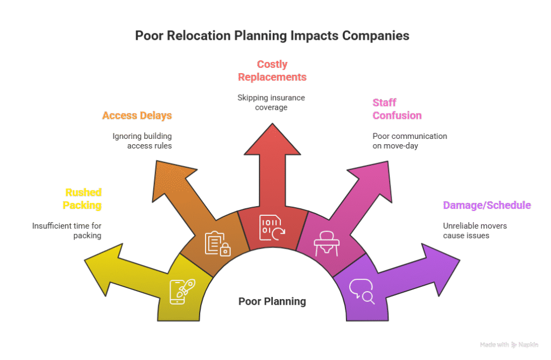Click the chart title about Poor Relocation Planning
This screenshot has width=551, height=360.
[272, 36]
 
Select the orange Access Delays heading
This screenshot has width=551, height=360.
[137, 116]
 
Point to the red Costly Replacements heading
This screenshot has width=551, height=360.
[272, 70]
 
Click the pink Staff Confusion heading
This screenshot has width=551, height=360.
[397, 109]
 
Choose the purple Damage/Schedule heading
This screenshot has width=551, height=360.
[486, 205]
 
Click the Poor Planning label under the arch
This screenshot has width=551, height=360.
[272, 301]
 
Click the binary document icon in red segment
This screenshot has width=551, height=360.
[272, 227]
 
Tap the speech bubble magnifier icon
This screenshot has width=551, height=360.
[362, 291]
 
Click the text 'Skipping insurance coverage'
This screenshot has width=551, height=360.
[271, 102]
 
